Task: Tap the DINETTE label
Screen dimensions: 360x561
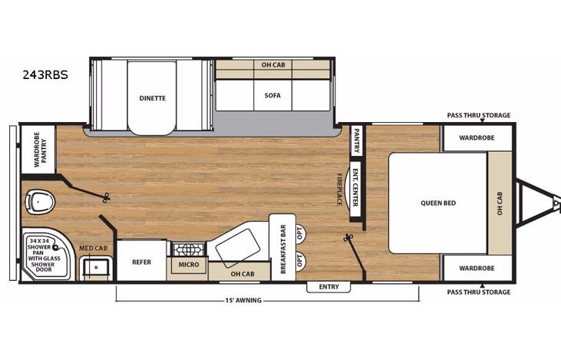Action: (x=152, y=98)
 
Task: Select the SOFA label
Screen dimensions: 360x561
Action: (x=272, y=96)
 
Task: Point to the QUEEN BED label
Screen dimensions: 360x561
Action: (x=437, y=203)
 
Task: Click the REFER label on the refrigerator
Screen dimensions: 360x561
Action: (x=140, y=262)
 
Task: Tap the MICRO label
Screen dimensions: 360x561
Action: (x=188, y=265)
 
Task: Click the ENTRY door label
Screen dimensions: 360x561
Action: (x=328, y=286)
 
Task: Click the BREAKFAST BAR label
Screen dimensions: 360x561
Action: (x=282, y=249)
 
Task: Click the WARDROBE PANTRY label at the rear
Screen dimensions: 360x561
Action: (x=38, y=148)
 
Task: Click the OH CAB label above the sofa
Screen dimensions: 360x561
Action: (x=272, y=64)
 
